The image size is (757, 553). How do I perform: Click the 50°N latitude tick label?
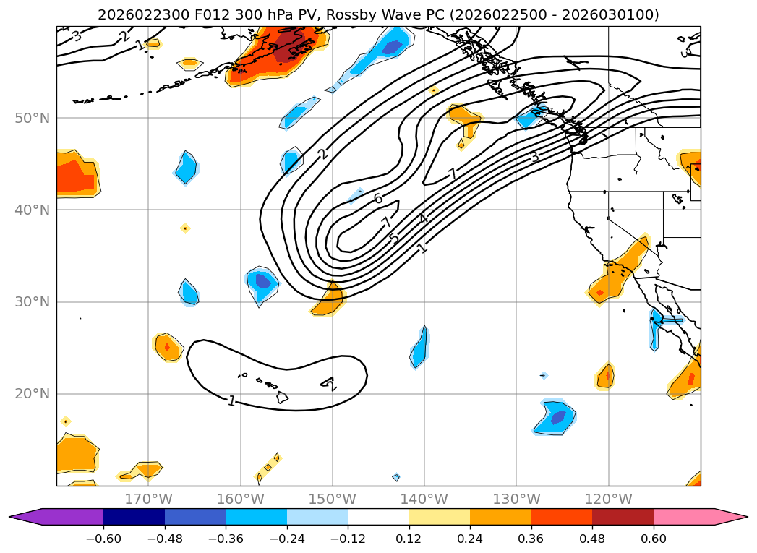32,118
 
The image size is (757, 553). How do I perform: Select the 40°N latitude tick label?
32,210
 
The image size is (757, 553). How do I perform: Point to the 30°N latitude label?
32,301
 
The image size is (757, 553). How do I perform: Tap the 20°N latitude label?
32,394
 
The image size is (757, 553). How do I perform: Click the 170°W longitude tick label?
148,499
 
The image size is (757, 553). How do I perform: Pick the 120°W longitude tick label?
608,499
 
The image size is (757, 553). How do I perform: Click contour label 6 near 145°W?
378,198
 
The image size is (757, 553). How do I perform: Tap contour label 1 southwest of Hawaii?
231,400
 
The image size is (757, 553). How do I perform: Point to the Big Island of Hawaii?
283,398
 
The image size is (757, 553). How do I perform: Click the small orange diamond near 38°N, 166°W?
185,228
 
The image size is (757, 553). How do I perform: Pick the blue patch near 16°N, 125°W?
557,418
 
